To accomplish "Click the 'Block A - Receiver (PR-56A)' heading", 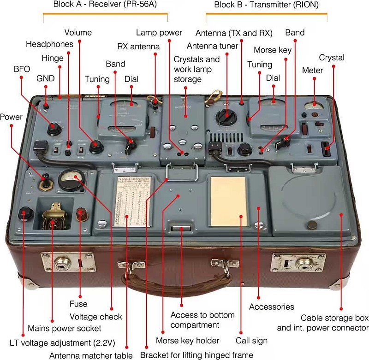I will tap(105, 6).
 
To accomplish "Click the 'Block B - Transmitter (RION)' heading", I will tap(266, 6).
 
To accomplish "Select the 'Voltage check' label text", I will tap(95, 317).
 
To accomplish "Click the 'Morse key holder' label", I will tap(187, 341).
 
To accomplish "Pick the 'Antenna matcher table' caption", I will tap(91, 355).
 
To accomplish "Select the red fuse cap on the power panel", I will tap(82, 214).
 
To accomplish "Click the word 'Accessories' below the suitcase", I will tap(271, 307).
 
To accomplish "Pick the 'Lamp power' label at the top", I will tap(159, 33).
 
